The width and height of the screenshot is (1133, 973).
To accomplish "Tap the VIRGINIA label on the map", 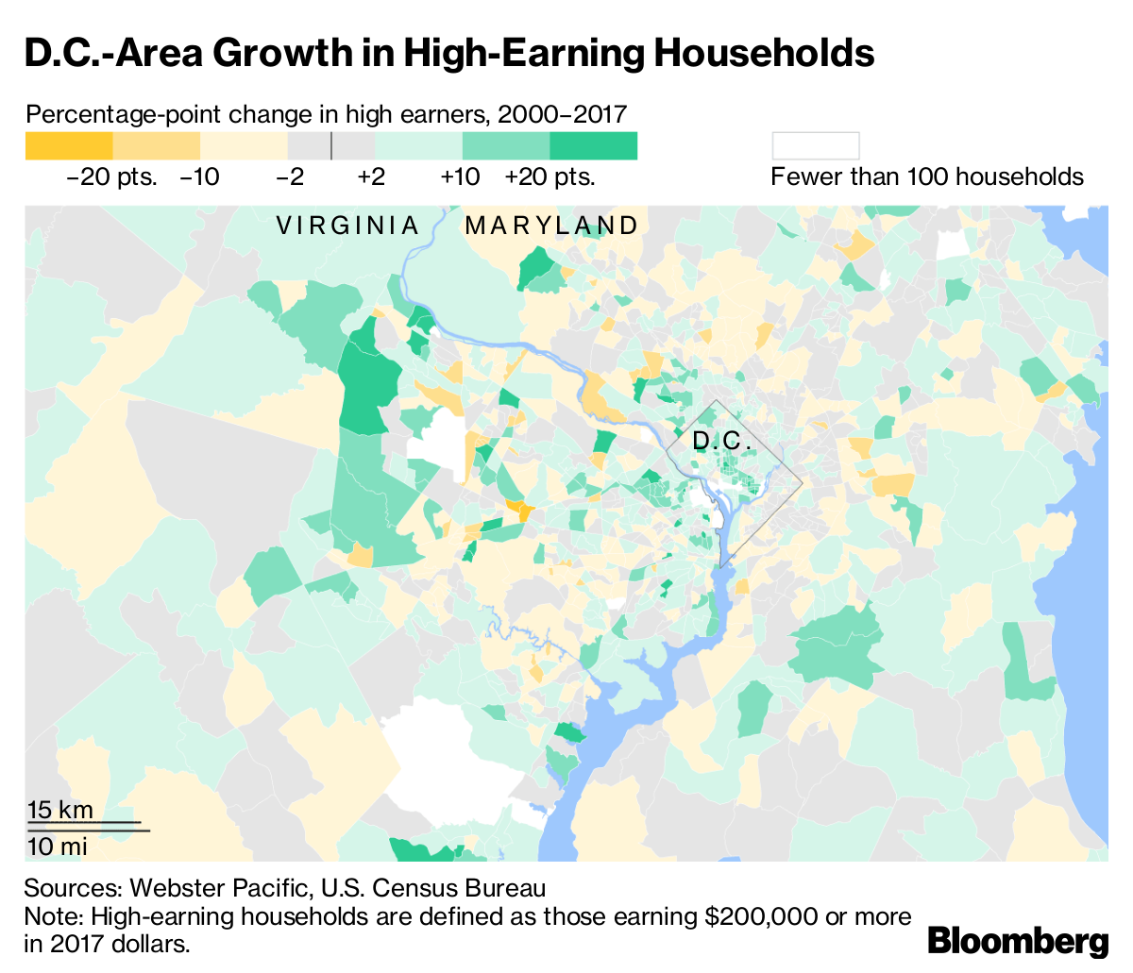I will tap(347, 226).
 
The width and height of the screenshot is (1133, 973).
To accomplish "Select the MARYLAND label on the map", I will tap(552, 226).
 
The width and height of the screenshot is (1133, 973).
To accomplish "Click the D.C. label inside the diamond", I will tap(722, 441).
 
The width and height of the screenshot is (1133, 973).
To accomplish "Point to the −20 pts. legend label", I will tap(111, 177).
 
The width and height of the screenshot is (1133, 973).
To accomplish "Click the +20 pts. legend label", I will tap(550, 177).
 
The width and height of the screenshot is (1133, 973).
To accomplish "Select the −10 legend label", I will tap(199, 177).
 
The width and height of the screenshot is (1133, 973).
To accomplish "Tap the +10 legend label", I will tap(460, 177).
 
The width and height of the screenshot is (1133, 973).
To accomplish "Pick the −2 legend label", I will tap(290, 177).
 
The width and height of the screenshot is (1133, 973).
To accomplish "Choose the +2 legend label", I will tap(371, 177).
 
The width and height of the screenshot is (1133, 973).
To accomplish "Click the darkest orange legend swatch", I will tap(68, 146).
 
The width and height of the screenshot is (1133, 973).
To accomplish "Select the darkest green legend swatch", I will tap(593, 146).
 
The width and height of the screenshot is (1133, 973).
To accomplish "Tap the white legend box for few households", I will tap(816, 146).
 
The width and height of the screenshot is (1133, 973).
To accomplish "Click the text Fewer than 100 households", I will tap(927, 177).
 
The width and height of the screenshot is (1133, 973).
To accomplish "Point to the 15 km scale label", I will tap(60, 810).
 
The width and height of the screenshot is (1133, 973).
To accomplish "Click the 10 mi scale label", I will tap(58, 846).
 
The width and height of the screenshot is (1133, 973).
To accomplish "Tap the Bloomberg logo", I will tap(1018, 941).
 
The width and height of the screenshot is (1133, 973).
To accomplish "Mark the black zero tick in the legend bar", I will tap(331, 146).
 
